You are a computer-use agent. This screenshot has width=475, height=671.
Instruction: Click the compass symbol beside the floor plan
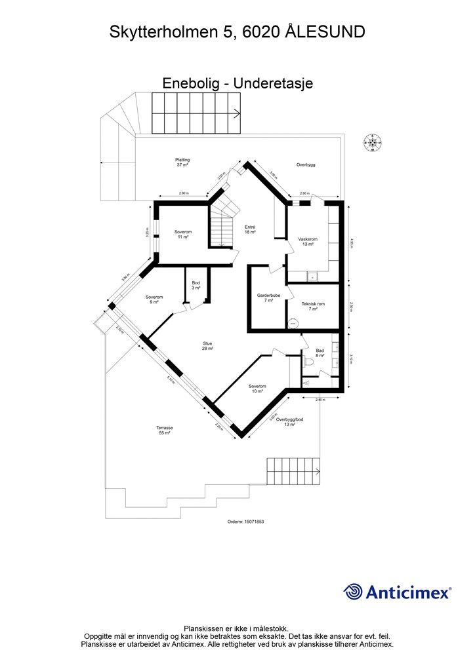[x=373, y=141]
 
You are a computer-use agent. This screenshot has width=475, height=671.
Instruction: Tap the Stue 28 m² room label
[x=209, y=345]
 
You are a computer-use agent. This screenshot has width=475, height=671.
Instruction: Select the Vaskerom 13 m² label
[x=308, y=242]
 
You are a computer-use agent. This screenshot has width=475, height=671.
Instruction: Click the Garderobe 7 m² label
[x=269, y=298]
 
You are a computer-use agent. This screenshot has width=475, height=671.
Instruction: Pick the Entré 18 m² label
[x=249, y=229]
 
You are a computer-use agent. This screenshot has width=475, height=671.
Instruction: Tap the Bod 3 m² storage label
[x=196, y=285]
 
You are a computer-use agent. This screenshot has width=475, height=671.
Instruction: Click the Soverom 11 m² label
[x=183, y=235]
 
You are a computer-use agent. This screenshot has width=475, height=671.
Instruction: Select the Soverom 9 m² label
[x=154, y=299]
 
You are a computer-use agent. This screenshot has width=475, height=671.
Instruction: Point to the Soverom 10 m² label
[x=257, y=389]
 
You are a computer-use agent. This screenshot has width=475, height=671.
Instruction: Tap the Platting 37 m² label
[x=182, y=163]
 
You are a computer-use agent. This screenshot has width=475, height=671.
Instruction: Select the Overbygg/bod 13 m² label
[x=290, y=421]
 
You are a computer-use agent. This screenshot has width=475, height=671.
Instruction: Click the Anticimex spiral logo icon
[x=354, y=592]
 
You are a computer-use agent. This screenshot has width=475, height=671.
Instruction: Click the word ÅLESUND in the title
[x=325, y=31]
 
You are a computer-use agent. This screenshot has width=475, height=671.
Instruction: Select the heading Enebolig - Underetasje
[x=237, y=83]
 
